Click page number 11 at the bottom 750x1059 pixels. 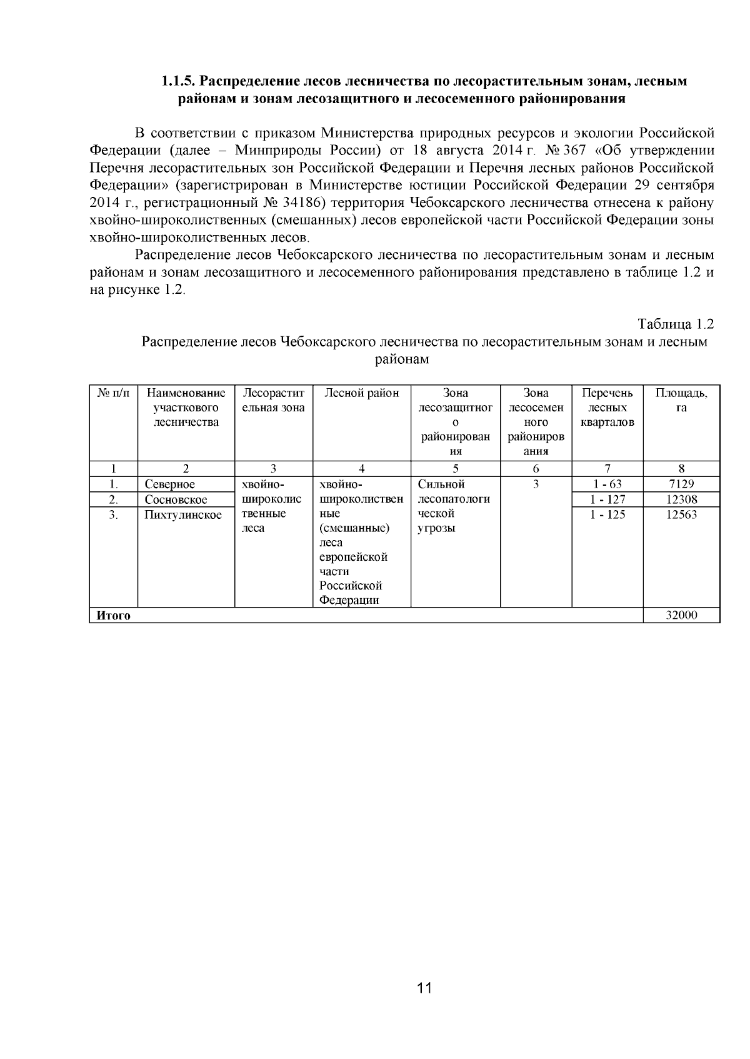pyautogui.click(x=424, y=988)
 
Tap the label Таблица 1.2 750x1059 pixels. pyautogui.click(x=675, y=324)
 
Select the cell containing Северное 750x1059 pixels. pyautogui.click(x=170, y=484)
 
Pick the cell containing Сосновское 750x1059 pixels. pyautogui.click(x=176, y=499)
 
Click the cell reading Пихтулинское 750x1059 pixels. pyautogui.click(x=183, y=514)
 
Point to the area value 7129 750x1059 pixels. pyautogui.click(x=681, y=484)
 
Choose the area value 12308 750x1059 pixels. pyautogui.click(x=681, y=499)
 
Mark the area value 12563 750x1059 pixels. pyautogui.click(x=681, y=514)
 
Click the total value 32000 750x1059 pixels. pyautogui.click(x=681, y=615)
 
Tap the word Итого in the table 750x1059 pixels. pyautogui.click(x=113, y=615)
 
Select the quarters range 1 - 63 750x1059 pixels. pyautogui.click(x=607, y=484)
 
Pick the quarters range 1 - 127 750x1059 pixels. pyautogui.click(x=607, y=499)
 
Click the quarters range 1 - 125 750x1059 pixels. pyautogui.click(x=607, y=514)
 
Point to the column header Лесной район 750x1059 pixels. pyautogui.click(x=361, y=393)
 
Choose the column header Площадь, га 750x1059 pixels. pyautogui.click(x=681, y=400)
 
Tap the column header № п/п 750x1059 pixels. pyautogui.click(x=113, y=393)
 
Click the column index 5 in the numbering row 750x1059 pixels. pyautogui.click(x=455, y=469)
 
